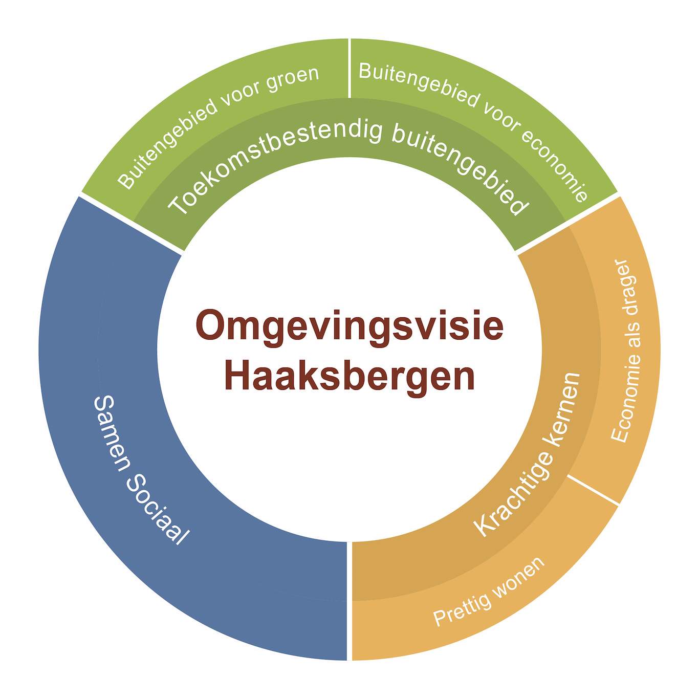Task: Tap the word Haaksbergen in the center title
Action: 349,378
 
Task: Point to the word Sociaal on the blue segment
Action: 157,511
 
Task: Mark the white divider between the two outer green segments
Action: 349,68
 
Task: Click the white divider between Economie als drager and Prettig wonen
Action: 592,489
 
